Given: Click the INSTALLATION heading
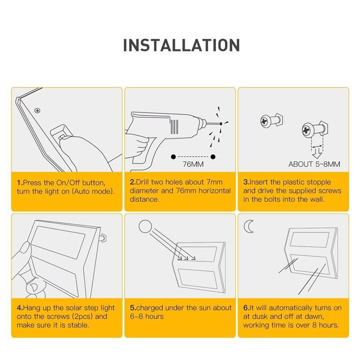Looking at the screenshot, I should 181,45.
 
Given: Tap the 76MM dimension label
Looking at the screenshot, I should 193,164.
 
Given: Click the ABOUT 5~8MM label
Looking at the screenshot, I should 314,164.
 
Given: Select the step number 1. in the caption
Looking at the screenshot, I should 19,183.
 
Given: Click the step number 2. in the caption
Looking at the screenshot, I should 133,183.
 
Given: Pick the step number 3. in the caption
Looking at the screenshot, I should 246,183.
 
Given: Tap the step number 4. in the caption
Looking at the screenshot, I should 19,308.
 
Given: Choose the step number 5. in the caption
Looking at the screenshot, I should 133,308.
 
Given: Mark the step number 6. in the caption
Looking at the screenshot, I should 246,308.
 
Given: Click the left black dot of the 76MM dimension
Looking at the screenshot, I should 173,156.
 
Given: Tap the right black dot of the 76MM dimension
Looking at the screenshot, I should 213,156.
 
